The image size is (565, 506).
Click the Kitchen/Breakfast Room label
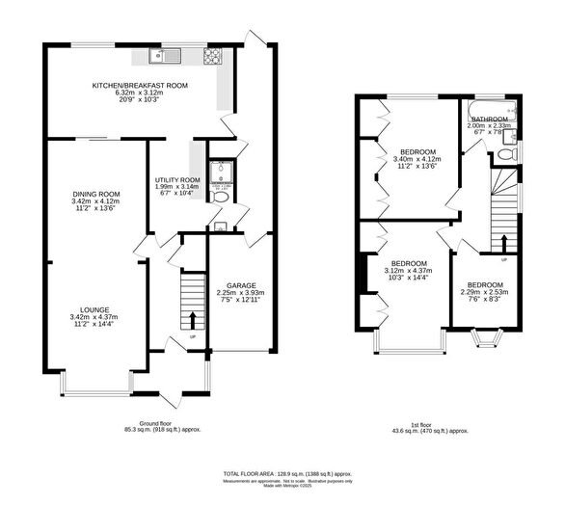140,86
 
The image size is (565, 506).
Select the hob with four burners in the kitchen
211,56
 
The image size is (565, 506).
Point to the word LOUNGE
94,309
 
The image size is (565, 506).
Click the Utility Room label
177,180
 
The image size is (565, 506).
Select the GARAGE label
240,286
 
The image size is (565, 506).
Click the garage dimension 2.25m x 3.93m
240,293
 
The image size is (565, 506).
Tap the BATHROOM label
489,119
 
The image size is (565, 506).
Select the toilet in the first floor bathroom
514,153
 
